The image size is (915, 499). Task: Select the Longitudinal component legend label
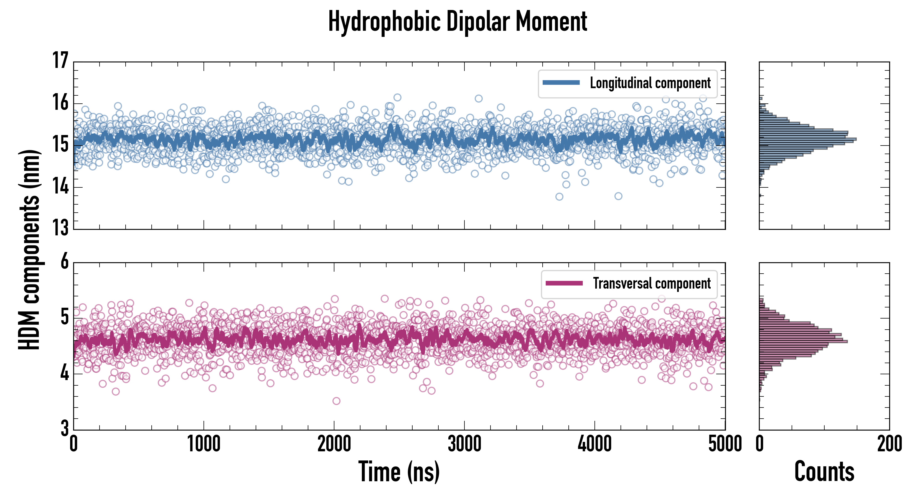(650, 83)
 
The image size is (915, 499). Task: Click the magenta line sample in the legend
(564, 283)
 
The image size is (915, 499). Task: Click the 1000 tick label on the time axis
(204, 444)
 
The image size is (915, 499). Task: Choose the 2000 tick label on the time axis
(334, 444)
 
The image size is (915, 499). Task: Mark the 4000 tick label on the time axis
(594, 444)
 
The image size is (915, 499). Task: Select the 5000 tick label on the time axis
(725, 444)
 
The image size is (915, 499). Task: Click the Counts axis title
(824, 472)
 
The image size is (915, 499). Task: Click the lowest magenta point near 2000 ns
(336, 401)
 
